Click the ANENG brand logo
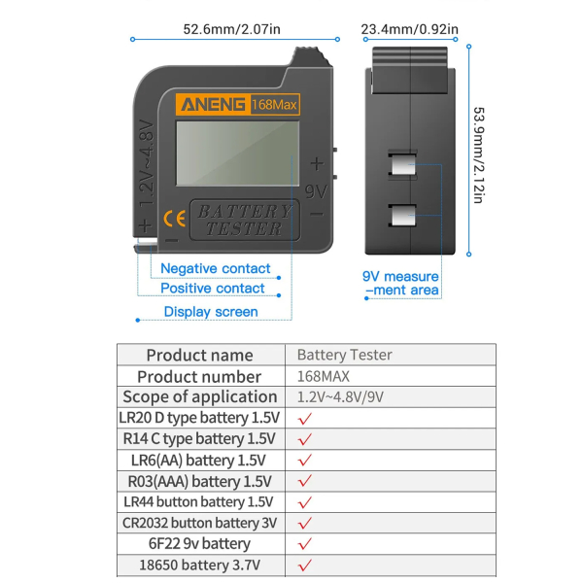pos(213,105)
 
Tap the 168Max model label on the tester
pos(274,105)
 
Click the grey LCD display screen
pos(238,154)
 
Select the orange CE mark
pos(174,219)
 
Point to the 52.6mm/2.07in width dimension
pos(231,29)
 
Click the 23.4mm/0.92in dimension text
pos(409,29)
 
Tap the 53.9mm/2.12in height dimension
pos(479,155)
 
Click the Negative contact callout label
pos(216,268)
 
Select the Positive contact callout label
pos(212,289)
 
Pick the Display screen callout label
pos(211,312)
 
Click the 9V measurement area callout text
pos(400,283)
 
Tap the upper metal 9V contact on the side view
pos(402,165)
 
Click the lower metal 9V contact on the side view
pos(403,216)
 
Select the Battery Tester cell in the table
pos(344,355)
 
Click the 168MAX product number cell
pos(324,376)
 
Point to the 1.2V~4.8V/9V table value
pos(340,397)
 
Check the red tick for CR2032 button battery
pos(304,523)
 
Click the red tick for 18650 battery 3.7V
pos(304,566)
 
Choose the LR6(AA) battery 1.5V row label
pos(198,461)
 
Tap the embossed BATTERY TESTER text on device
pos(245,221)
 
